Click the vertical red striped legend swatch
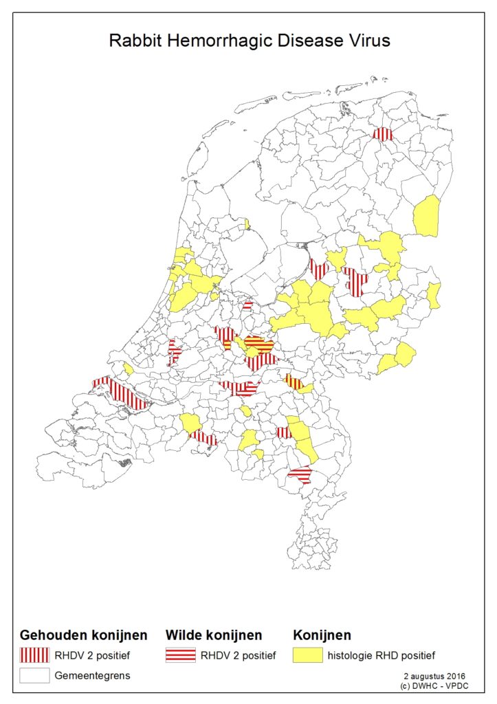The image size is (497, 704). (x=34, y=655)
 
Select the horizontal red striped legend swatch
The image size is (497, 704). (x=180, y=655)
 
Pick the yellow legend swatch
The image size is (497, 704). (x=308, y=655)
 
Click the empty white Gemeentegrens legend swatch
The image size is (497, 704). (x=34, y=675)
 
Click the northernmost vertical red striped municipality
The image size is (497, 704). (x=383, y=134)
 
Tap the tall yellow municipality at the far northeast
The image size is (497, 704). (x=427, y=214)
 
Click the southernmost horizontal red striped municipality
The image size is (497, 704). (x=300, y=474)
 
